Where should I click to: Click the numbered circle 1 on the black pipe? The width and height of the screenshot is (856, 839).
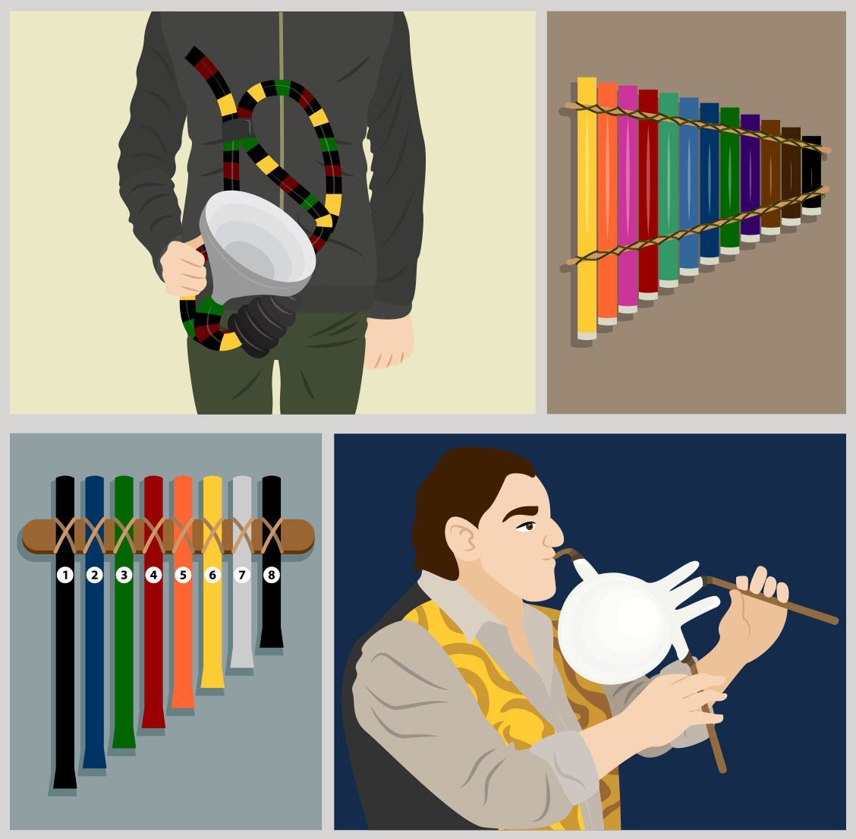coord(65,575)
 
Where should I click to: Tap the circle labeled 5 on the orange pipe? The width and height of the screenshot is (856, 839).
coord(183,575)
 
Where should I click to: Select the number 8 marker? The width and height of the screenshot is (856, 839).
coord(272,575)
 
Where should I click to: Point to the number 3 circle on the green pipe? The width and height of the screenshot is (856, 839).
coord(124,575)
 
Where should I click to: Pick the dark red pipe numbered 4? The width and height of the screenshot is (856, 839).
coord(153,601)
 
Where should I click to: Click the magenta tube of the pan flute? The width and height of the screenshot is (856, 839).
coord(628,199)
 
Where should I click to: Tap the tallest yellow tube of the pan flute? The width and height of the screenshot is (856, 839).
coord(587,208)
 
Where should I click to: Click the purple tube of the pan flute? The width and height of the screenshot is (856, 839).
coord(750,178)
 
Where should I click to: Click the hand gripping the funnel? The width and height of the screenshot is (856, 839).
coord(184,268)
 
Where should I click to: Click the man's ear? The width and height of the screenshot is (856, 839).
coord(462,539)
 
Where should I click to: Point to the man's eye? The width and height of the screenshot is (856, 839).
coord(527,527)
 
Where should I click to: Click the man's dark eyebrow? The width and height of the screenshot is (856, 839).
coord(521,513)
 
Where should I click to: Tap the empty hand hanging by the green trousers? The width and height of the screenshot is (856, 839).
coord(389,342)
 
